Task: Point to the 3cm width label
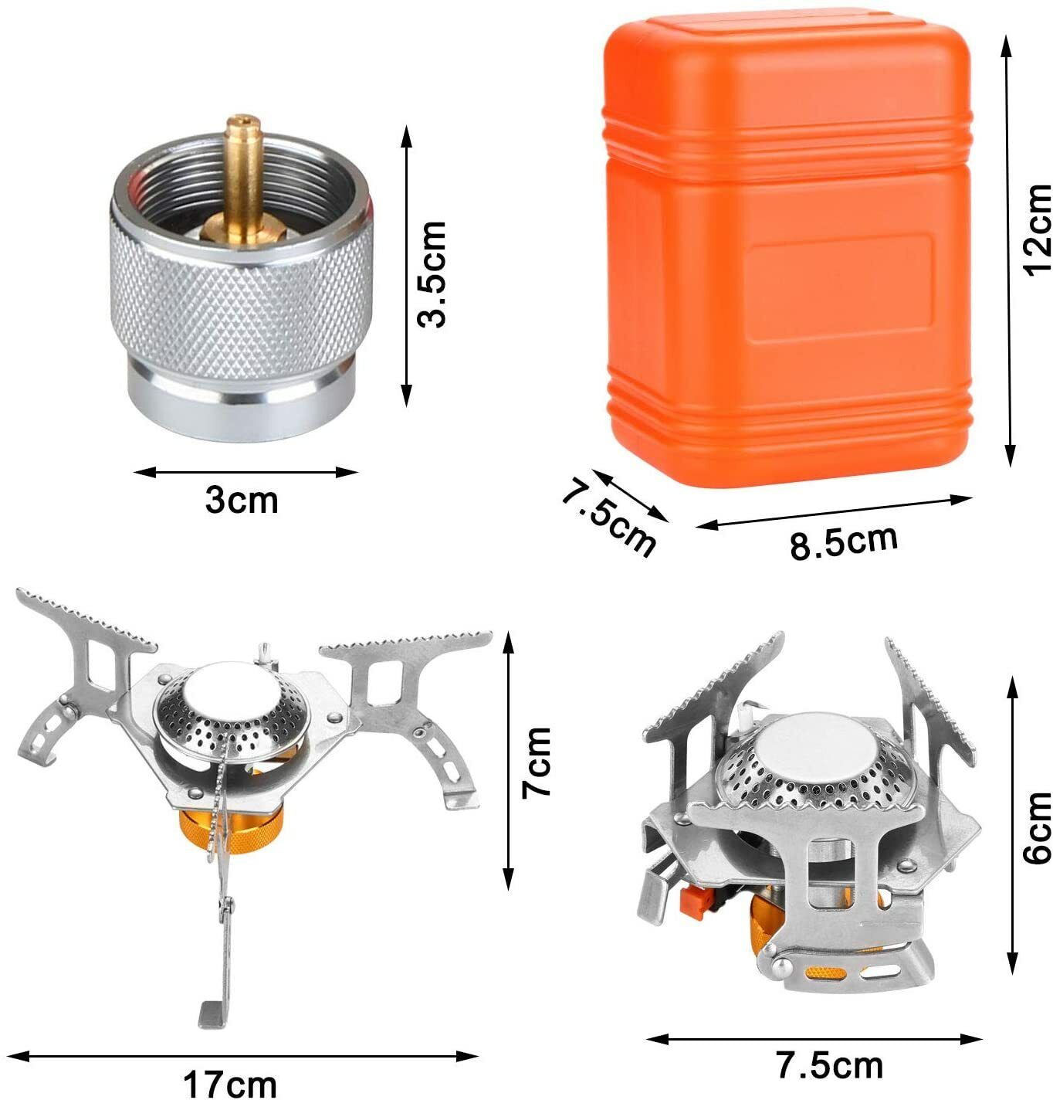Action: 241,501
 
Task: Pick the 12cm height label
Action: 1037,228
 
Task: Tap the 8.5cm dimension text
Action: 843,542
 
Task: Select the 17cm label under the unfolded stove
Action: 229,1084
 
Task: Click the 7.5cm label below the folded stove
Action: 829,1067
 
